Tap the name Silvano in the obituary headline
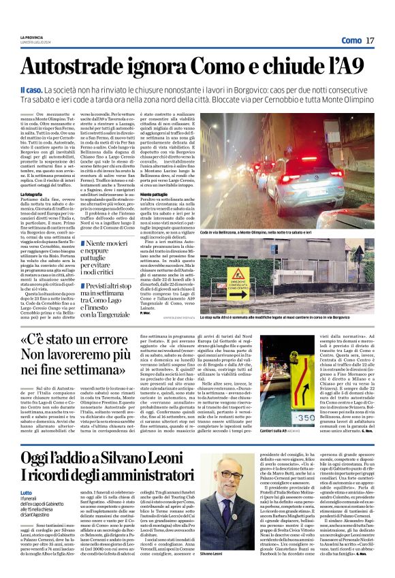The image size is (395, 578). (x=161, y=461)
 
